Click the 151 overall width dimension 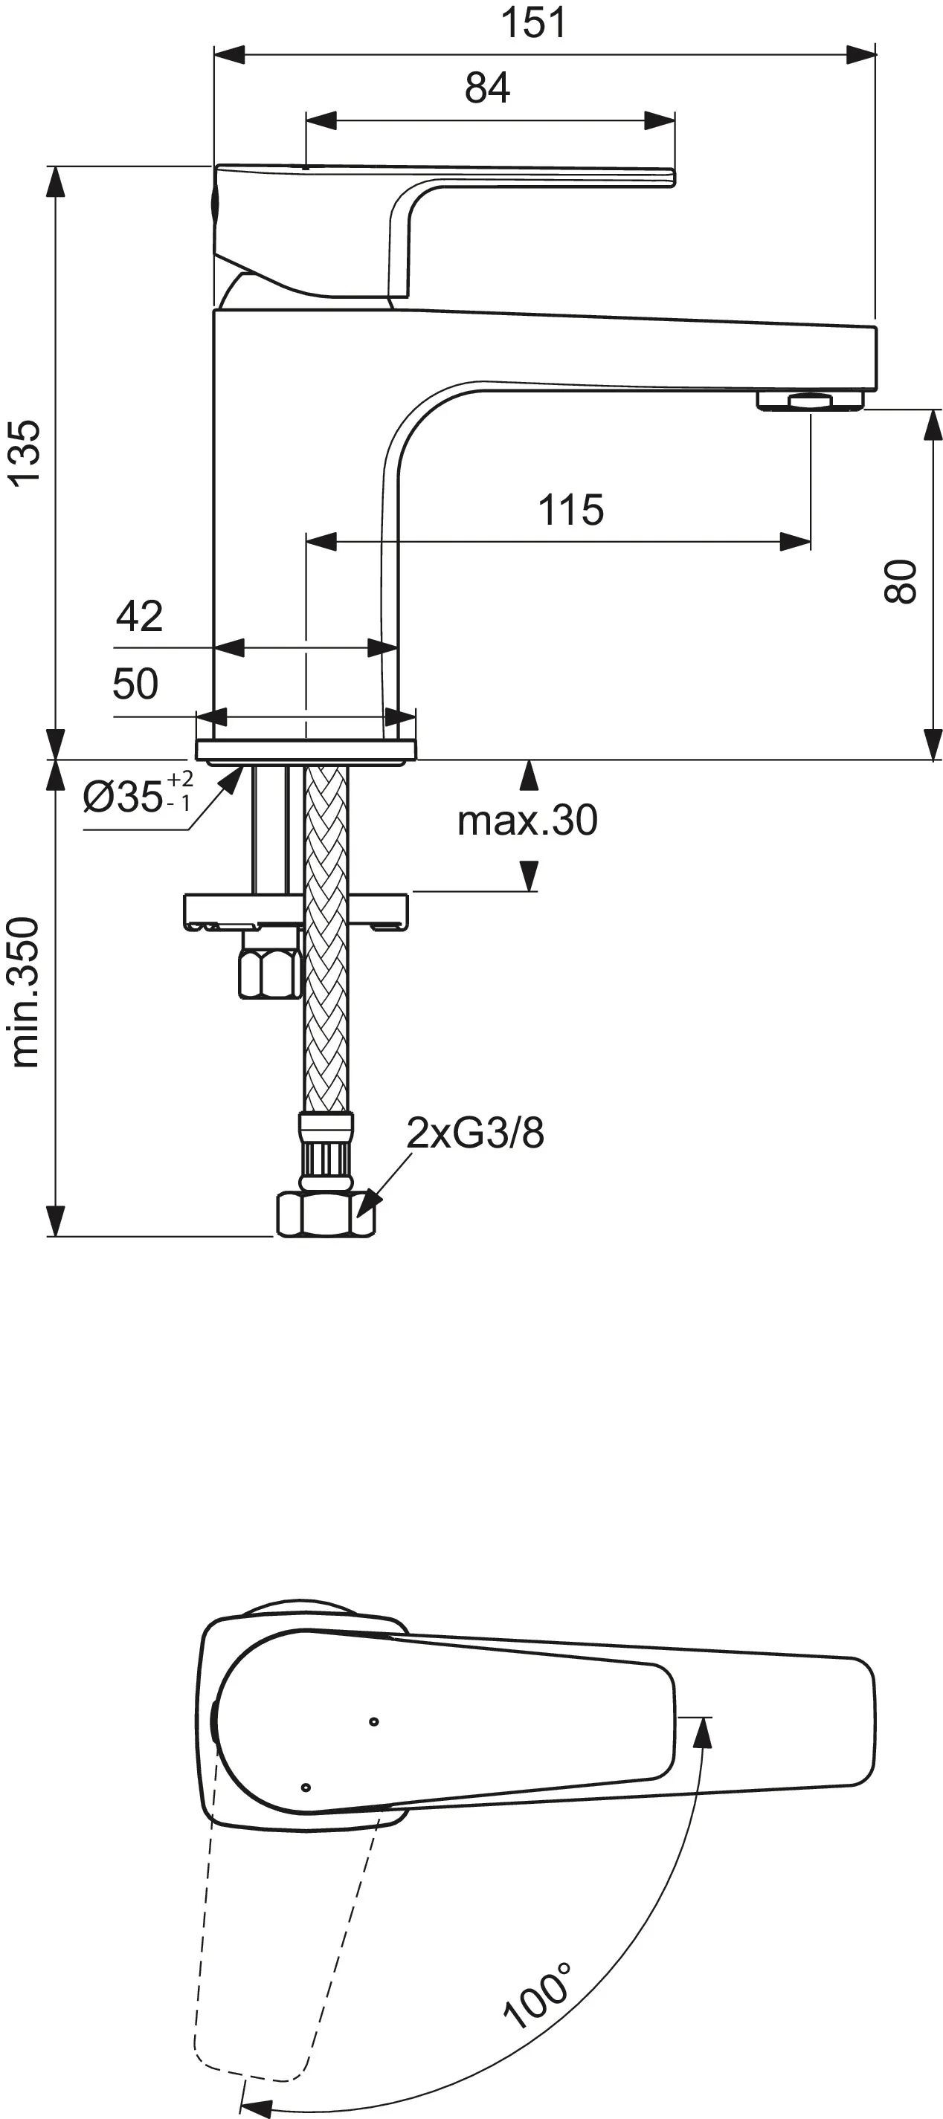[534, 22]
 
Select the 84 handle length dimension [487, 87]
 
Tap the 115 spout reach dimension [571, 509]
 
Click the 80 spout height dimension [900, 581]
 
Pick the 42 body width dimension [139, 615]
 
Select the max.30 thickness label [527, 820]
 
